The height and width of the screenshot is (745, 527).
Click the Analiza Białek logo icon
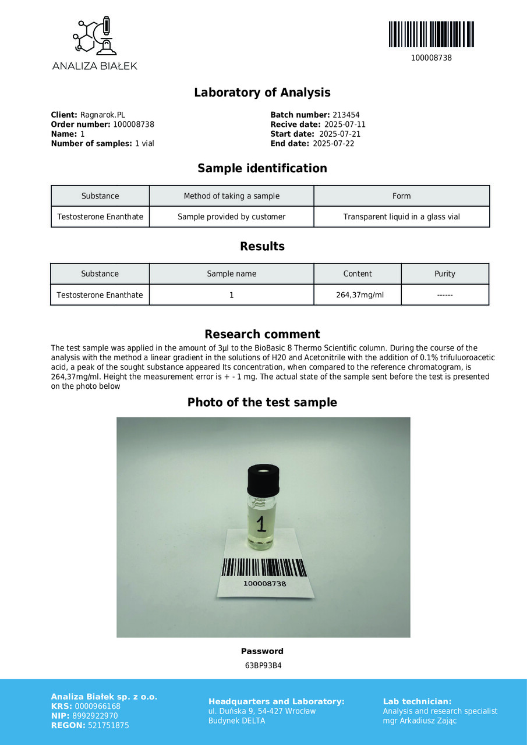94,36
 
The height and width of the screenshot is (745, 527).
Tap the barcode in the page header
431,34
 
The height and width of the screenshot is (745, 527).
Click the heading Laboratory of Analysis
262,93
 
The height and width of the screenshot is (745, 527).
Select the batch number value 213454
346,115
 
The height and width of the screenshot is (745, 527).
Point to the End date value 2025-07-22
333,144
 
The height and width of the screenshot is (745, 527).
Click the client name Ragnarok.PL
102,115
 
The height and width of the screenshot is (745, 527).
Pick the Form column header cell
401,196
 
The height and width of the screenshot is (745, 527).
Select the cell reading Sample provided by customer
231,217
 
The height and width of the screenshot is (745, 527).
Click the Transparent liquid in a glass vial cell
401,217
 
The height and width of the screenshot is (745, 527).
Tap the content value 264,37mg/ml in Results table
360,295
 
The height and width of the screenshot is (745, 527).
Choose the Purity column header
445,274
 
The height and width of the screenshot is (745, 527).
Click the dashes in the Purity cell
445,295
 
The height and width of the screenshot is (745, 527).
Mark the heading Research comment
262,334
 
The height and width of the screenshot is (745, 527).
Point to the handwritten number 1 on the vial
261,524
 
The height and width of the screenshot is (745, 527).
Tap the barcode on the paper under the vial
264,567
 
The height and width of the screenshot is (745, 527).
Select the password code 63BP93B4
263,666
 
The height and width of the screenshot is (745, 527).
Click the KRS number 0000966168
98,707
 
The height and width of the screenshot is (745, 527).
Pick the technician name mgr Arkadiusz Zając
420,721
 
